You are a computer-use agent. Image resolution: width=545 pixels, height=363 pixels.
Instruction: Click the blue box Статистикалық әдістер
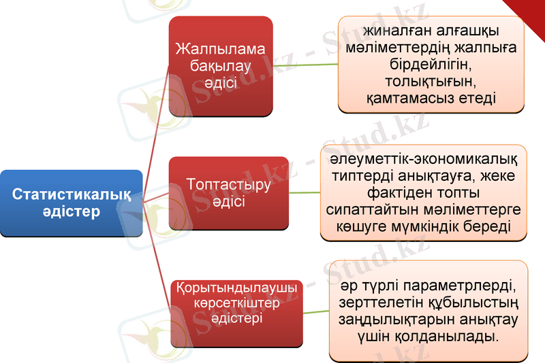coord(71,203)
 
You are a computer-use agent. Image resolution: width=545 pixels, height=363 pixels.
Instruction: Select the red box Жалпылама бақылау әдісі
coord(220,66)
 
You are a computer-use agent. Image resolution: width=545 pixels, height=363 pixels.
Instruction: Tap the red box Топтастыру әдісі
coord(219,193)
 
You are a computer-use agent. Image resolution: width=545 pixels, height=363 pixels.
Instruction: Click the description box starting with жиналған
coord(431,64)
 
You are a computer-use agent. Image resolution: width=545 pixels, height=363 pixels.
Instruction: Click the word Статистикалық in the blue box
coord(72,194)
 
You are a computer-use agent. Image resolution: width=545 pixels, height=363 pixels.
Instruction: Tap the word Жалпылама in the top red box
coord(220,50)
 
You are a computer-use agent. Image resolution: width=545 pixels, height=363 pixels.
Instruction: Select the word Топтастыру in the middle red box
coord(219,185)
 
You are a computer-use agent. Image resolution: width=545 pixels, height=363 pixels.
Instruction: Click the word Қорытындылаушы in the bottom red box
coord(236,288)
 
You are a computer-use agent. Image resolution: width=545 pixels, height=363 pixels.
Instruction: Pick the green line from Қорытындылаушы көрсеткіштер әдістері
coord(315,311)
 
